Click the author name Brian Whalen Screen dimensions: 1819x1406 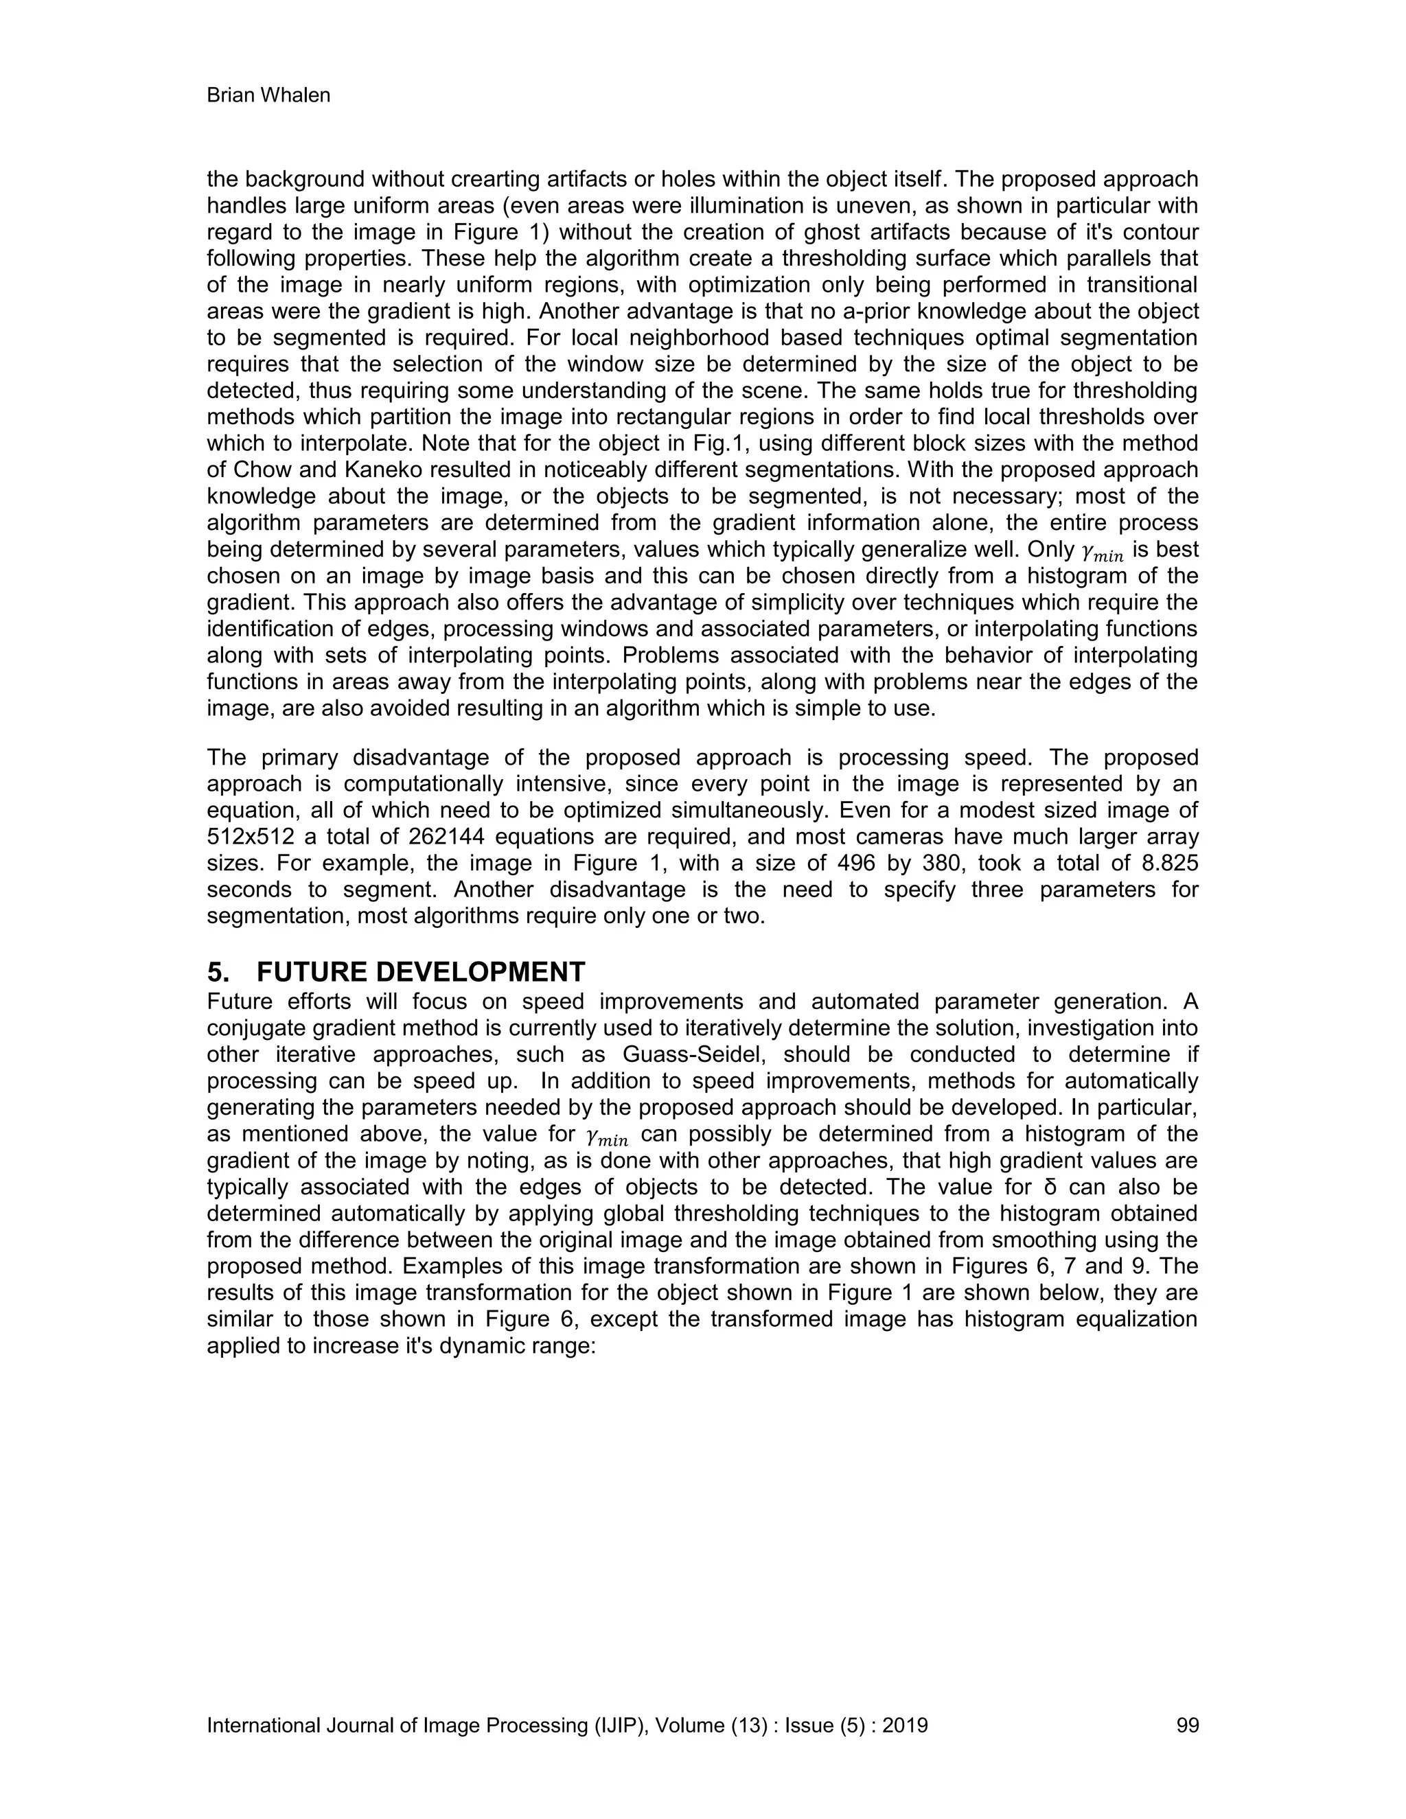(x=268, y=96)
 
